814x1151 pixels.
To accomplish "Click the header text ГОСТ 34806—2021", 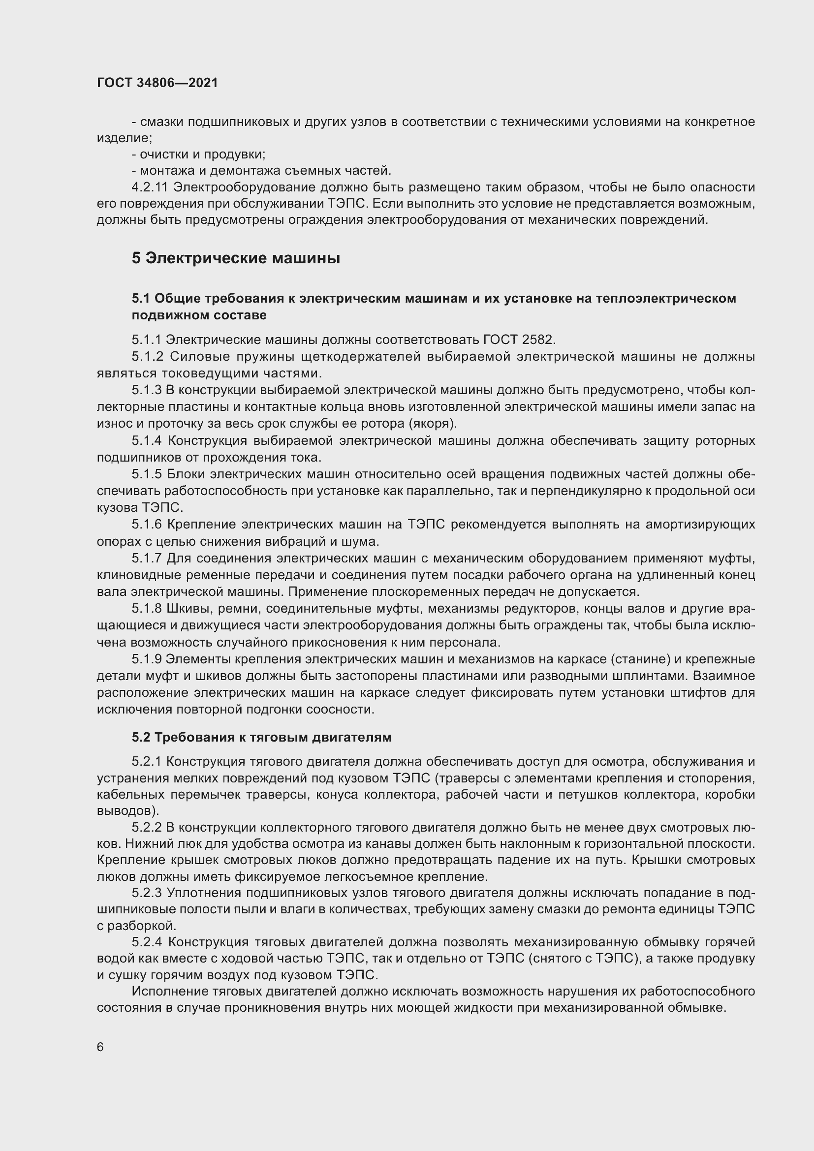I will point(157,83).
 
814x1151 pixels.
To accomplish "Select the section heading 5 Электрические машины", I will point(236,258).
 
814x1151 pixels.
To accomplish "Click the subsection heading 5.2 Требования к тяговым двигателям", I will point(262,738).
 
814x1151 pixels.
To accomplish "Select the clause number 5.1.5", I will point(147,474).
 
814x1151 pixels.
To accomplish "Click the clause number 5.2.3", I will point(147,893).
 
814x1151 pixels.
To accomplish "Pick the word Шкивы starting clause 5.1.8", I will point(190,609).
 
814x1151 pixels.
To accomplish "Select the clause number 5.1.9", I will point(147,659).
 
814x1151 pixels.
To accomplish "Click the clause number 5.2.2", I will point(147,828).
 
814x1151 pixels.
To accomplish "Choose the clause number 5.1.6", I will point(147,525).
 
